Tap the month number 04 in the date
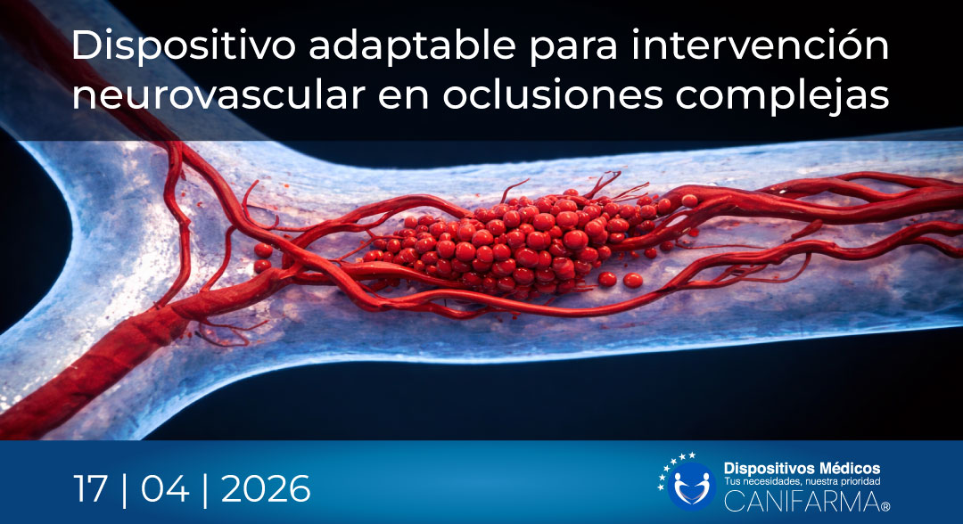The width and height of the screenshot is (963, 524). point(170,489)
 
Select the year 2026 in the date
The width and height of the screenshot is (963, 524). point(266,489)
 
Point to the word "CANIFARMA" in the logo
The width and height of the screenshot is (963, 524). point(798,501)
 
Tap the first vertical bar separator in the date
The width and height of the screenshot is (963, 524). point(123,489)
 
